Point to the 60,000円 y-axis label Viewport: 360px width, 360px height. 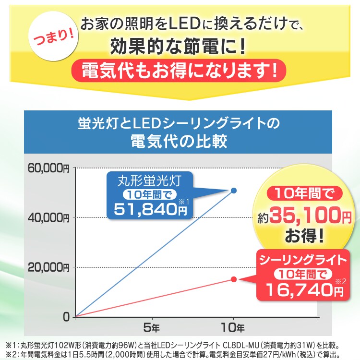(48, 168)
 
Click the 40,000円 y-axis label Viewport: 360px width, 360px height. (48, 217)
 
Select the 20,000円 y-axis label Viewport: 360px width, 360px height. (48, 267)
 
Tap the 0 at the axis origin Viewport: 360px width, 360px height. (66, 317)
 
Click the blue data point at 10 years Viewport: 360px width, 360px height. (234, 191)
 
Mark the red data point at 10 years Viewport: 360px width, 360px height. (234, 279)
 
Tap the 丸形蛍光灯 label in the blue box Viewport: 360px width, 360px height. (149, 182)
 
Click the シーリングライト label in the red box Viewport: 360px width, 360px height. (302, 261)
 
